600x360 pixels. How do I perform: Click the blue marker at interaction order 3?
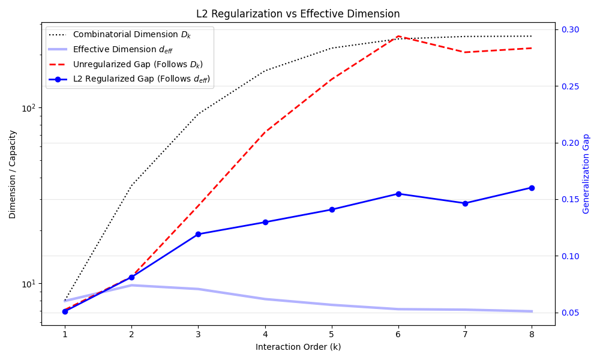(x=198, y=234)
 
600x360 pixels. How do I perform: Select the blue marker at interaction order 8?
(x=532, y=188)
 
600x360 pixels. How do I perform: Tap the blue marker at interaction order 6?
(x=398, y=194)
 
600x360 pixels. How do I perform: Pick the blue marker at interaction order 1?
(x=65, y=311)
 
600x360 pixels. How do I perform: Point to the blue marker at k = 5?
(x=332, y=209)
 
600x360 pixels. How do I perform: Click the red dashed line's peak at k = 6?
(x=398, y=37)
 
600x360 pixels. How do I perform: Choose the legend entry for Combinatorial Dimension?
(x=120, y=34)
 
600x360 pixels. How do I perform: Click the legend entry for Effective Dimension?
(x=111, y=49)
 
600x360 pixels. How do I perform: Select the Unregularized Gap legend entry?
(x=126, y=64)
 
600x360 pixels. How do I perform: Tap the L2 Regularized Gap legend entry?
(x=130, y=79)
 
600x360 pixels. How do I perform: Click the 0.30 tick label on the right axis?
(x=570, y=29)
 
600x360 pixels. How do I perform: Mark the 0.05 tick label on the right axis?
(x=570, y=313)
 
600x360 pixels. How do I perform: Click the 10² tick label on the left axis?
(x=29, y=108)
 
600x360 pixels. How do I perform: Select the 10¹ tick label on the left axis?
(x=29, y=284)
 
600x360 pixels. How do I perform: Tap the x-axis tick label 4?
(x=265, y=334)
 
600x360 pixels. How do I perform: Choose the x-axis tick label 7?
(x=465, y=334)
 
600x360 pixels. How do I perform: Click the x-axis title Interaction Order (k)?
(x=298, y=347)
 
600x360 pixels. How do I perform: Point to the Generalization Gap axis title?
(x=586, y=173)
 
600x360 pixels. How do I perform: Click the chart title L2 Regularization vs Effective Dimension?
(x=298, y=14)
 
